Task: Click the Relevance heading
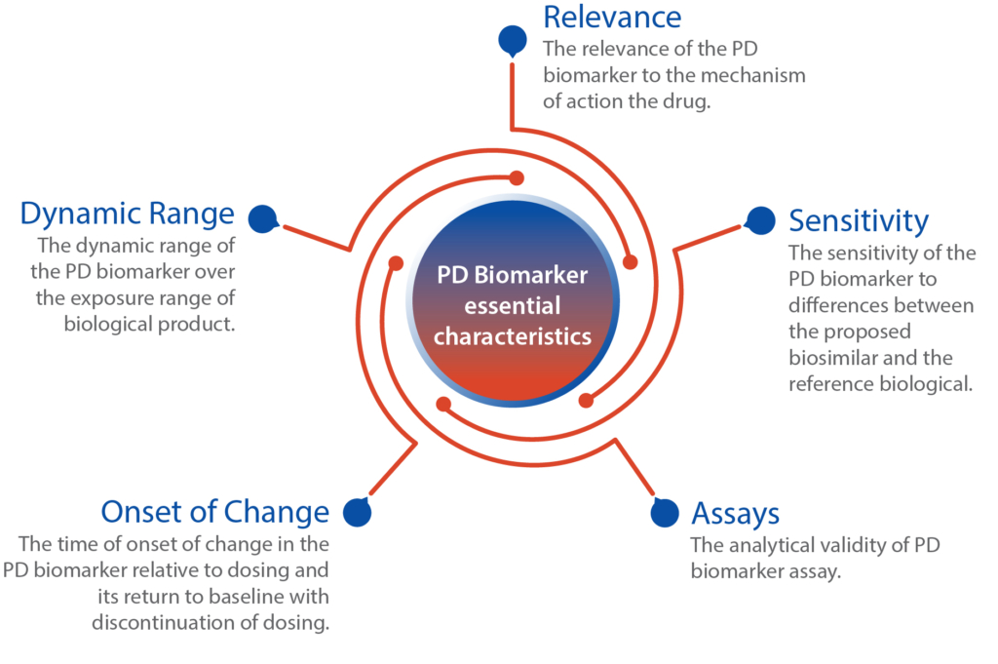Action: (612, 18)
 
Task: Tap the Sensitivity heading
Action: (859, 222)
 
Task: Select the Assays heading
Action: (735, 515)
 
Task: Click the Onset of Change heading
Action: (215, 513)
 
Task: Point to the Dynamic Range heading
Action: (128, 214)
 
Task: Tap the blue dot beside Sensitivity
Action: (760, 221)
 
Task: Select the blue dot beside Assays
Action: (665, 512)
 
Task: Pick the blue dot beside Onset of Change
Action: (357, 512)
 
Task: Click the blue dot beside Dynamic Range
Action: (263, 219)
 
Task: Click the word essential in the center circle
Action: (513, 305)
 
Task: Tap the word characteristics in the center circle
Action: (513, 336)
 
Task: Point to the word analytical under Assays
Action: (772, 546)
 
